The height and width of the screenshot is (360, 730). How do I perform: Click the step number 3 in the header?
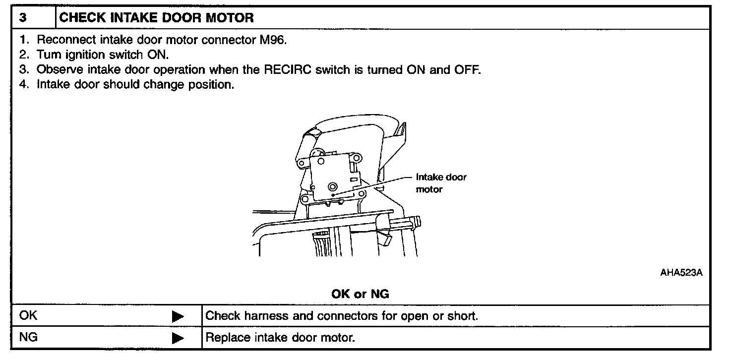click(23, 18)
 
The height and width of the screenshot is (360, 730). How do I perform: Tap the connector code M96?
click(273, 40)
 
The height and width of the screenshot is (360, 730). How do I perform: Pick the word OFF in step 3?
click(467, 69)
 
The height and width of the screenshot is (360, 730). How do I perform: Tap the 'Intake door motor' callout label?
click(441, 182)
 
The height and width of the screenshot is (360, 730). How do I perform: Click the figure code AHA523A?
click(681, 272)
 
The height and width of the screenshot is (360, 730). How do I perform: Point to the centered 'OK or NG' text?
click(360, 294)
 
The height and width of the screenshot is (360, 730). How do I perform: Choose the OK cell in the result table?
click(28, 316)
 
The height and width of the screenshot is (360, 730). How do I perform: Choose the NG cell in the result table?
click(28, 338)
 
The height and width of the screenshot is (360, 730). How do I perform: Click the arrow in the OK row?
click(178, 316)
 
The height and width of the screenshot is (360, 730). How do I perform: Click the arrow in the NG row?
click(178, 339)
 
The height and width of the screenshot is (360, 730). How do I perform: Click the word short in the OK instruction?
click(463, 316)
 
